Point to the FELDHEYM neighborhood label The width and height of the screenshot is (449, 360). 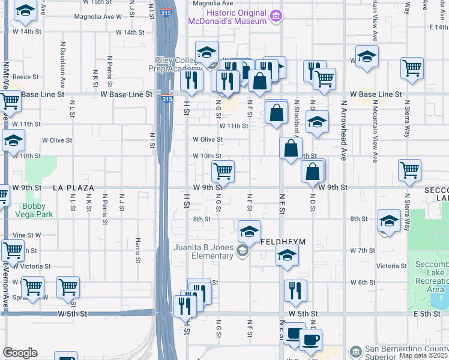[283, 241]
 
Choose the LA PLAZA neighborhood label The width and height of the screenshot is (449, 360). [73, 188]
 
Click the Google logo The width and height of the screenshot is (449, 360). [20, 353]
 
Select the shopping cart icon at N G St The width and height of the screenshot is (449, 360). [223, 172]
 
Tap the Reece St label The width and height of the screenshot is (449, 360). [26, 77]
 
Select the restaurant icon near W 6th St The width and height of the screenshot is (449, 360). [295, 291]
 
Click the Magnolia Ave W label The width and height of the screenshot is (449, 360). [98, 17]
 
